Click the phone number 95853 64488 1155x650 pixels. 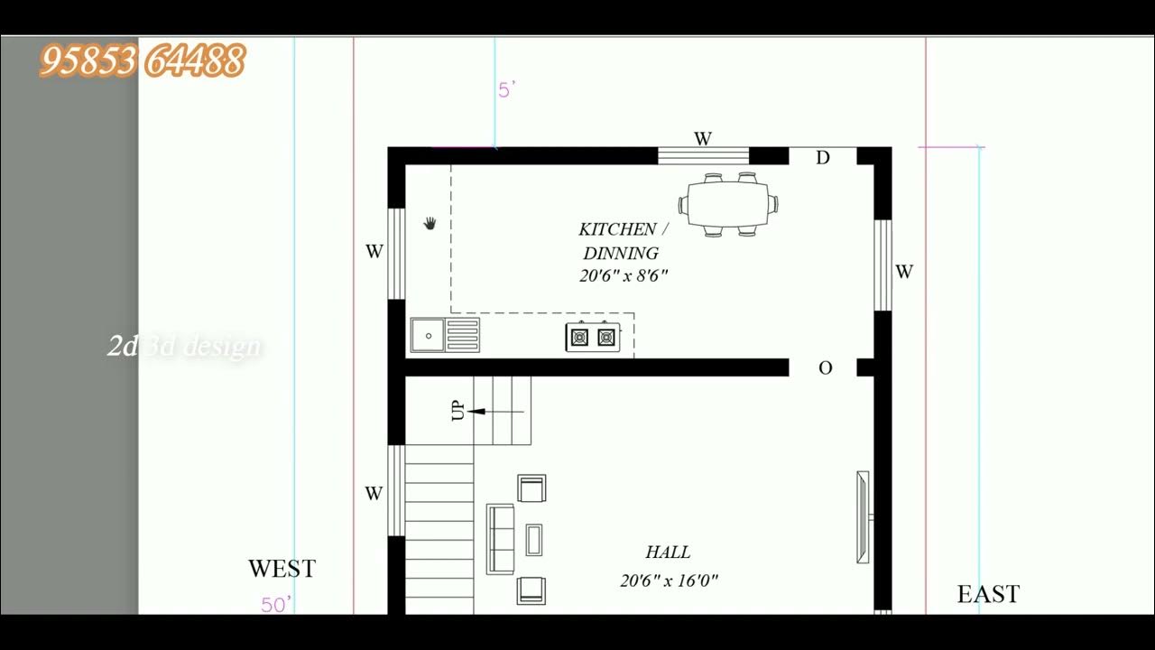pos(143,61)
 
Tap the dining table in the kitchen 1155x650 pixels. pos(729,204)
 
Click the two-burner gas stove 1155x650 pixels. pos(593,337)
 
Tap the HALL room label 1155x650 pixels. pos(668,552)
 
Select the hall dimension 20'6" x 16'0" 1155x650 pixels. pos(669,581)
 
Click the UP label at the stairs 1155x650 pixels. pos(457,411)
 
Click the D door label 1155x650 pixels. pos(823,159)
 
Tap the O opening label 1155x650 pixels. pos(825,368)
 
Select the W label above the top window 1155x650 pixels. pos(703,139)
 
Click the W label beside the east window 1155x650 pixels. pos(904,272)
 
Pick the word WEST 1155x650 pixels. pos(282,569)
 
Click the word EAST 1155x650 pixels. pos(988,594)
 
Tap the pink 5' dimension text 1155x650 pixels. pos(506,90)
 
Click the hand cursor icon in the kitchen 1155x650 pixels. pos(430,222)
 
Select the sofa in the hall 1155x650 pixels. pos(501,540)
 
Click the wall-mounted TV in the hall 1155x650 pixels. pos(864,517)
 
